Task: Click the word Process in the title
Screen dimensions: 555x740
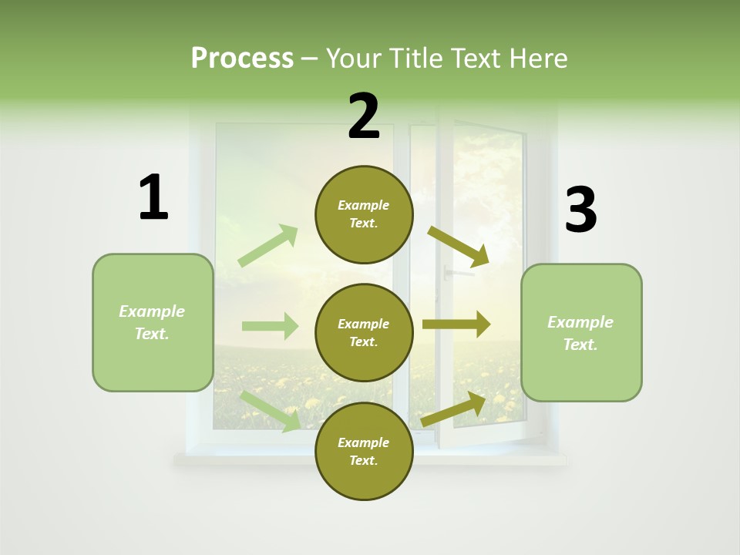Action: pyautogui.click(x=242, y=59)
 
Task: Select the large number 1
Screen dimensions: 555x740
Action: pyautogui.click(x=153, y=197)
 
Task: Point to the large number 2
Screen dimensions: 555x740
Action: pyautogui.click(x=363, y=116)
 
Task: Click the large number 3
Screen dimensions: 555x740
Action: pyautogui.click(x=580, y=210)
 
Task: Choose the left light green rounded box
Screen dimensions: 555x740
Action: pyautogui.click(x=153, y=322)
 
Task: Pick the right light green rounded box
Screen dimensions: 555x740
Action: pyautogui.click(x=581, y=333)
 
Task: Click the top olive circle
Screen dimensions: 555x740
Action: pyautogui.click(x=364, y=214)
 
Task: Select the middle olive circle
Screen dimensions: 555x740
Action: pyautogui.click(x=364, y=332)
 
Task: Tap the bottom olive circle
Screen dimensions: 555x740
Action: pyautogui.click(x=364, y=451)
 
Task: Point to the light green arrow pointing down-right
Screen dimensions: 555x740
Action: pyautogui.click(x=271, y=412)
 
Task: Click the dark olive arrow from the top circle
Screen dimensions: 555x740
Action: pyautogui.click(x=459, y=247)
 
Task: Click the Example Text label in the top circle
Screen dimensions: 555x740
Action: pyautogui.click(x=364, y=214)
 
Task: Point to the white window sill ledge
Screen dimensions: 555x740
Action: pyautogui.click(x=370, y=460)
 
